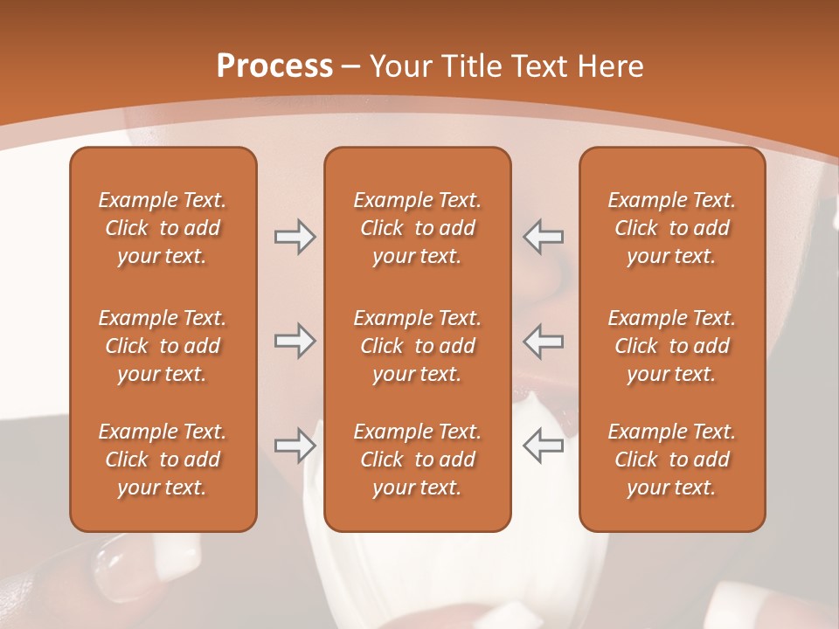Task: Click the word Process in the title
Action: [274, 66]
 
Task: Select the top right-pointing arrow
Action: [295, 237]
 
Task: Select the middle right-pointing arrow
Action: [295, 341]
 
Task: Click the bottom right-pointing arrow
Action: [295, 446]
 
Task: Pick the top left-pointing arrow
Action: [544, 237]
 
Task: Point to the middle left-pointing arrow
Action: [544, 341]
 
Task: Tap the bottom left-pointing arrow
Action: [544, 446]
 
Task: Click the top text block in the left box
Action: [163, 228]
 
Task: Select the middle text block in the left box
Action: [163, 346]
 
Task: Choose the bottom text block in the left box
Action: [163, 460]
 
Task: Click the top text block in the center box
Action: [417, 228]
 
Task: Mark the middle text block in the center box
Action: [417, 346]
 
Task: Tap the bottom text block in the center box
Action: [417, 460]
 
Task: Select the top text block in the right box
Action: [671, 228]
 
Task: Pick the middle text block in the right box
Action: [671, 346]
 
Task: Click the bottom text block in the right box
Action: [671, 460]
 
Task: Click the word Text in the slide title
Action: [539, 66]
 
